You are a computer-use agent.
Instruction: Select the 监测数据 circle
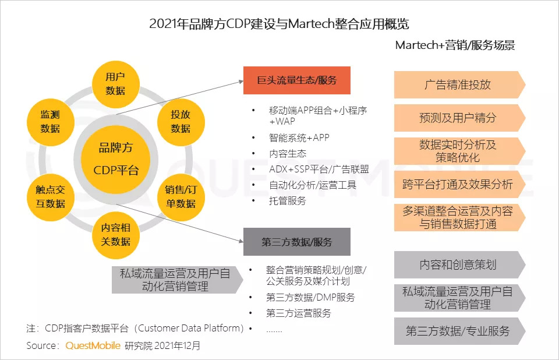(x=50, y=121)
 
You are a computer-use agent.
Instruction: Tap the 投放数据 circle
(x=181, y=121)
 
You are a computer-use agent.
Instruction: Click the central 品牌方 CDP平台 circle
(x=116, y=158)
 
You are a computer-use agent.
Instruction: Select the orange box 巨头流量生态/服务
(x=297, y=80)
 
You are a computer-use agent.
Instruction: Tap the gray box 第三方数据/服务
(x=297, y=242)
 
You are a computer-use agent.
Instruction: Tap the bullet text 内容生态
(x=288, y=153)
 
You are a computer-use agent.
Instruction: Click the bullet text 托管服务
(x=288, y=200)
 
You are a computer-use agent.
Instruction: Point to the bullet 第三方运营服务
(x=299, y=313)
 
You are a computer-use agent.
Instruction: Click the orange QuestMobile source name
(x=93, y=345)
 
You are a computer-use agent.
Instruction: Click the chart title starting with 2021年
(x=279, y=24)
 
